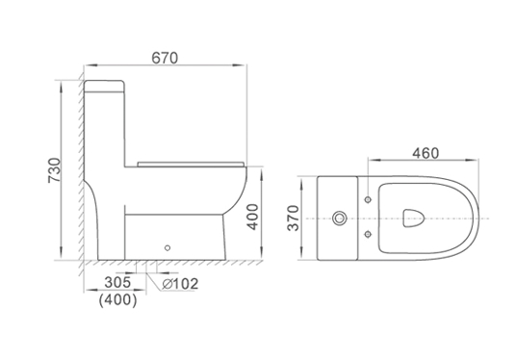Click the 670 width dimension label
[x=165, y=58]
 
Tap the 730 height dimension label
[x=55, y=170]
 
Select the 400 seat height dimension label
[x=253, y=217]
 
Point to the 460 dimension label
[x=426, y=153]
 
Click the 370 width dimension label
[x=294, y=218]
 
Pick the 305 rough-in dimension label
[x=117, y=282]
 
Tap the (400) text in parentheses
[x=117, y=299]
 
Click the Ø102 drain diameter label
[x=180, y=284]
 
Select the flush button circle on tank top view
[x=339, y=219]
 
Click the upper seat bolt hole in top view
[x=368, y=199]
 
